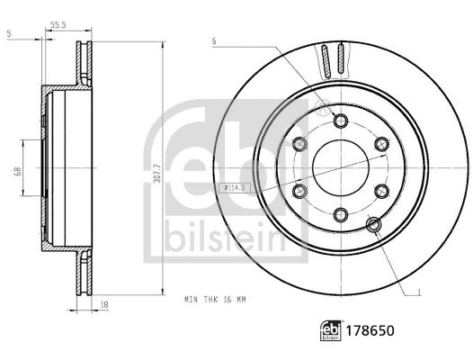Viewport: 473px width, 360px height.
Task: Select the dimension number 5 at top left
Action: point(8,33)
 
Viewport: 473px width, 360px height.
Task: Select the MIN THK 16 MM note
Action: point(217,298)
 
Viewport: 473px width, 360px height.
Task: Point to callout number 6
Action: point(215,41)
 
